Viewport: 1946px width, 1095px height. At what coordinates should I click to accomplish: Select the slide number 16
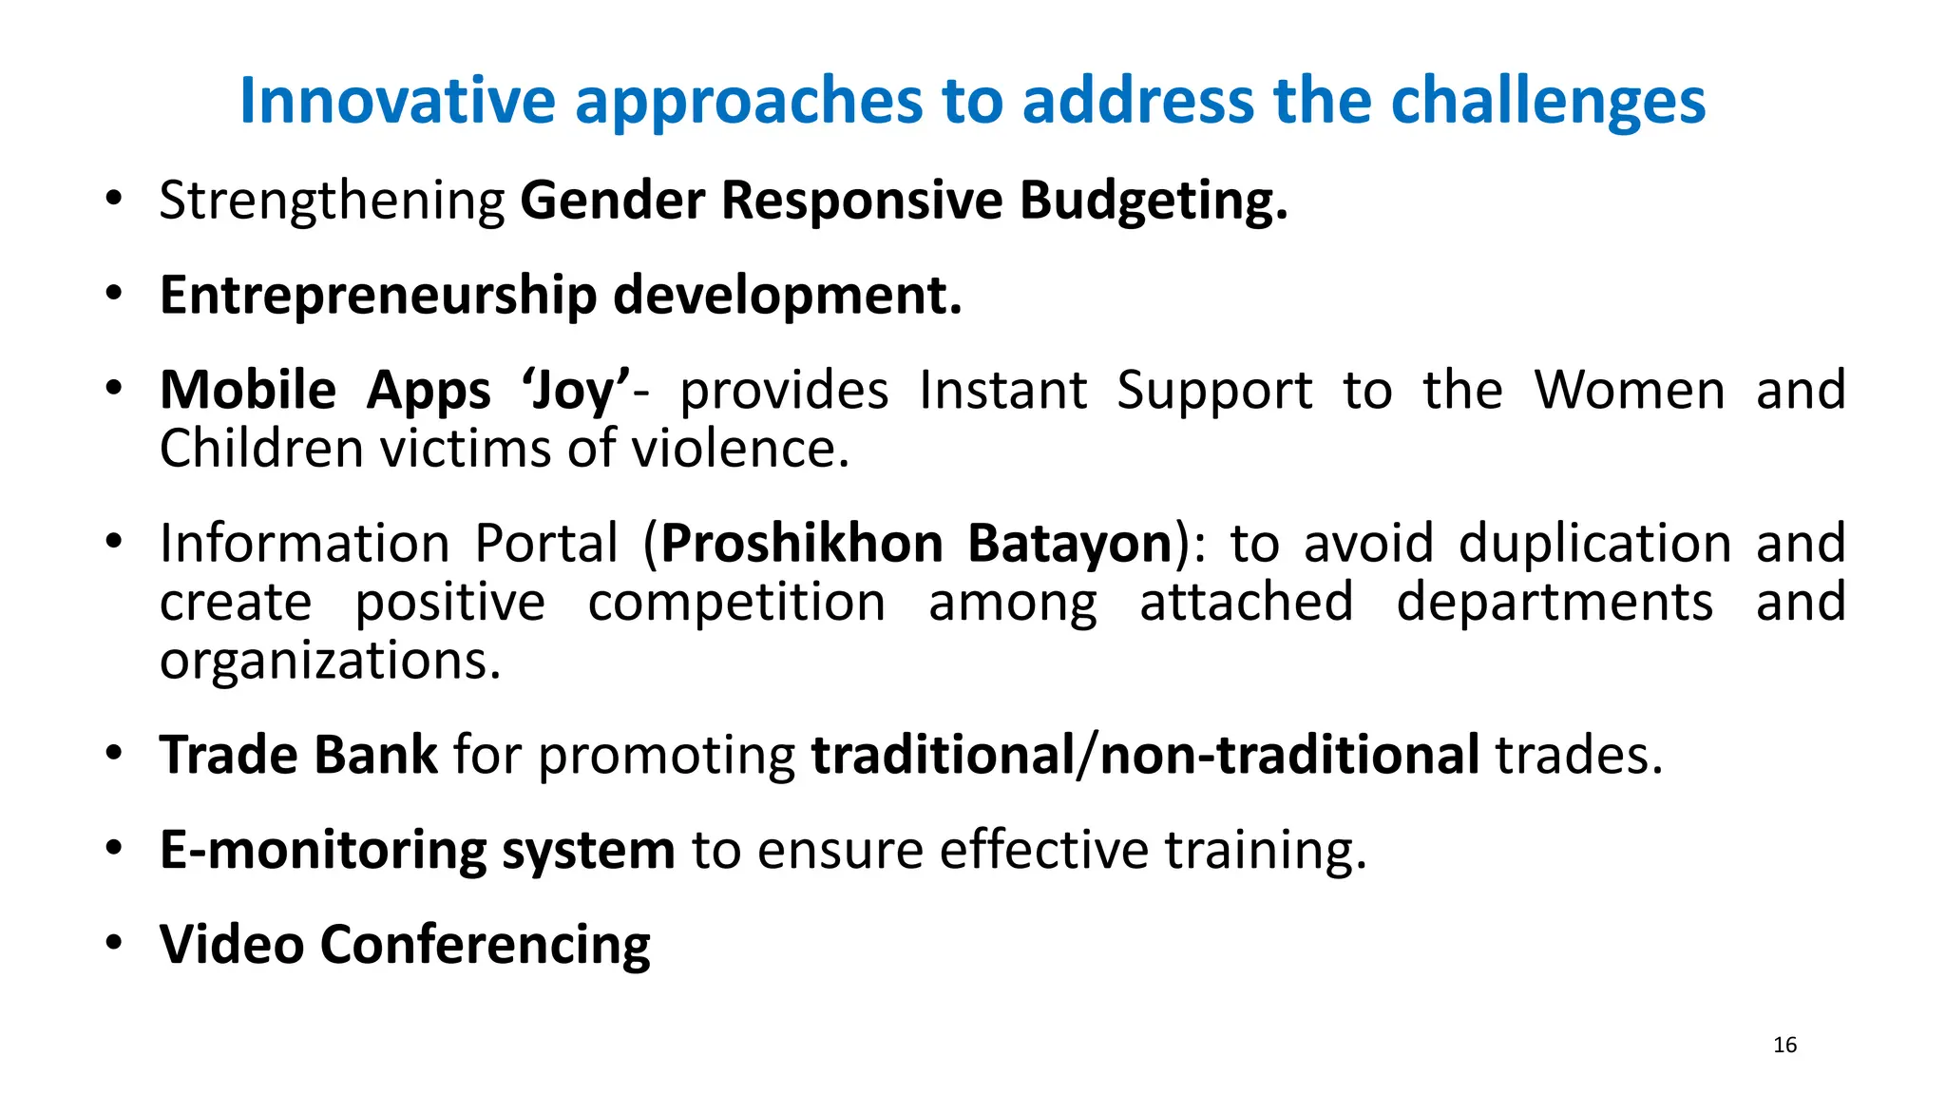click(1784, 1045)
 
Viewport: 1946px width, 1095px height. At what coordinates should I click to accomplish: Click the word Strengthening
click(332, 202)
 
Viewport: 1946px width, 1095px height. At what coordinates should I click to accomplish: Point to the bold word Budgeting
click(1153, 202)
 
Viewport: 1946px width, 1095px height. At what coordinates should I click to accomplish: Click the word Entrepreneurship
click(377, 296)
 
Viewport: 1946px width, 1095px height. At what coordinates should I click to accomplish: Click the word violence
click(740, 449)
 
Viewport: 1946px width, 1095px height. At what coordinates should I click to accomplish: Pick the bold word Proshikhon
click(802, 544)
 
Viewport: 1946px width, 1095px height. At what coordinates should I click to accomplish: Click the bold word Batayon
click(1070, 544)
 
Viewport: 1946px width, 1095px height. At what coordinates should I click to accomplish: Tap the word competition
click(736, 603)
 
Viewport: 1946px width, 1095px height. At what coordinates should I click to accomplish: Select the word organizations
click(329, 662)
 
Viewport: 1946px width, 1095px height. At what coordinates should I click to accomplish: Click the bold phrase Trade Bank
click(298, 756)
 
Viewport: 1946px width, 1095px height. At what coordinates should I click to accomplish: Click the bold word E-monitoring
click(322, 850)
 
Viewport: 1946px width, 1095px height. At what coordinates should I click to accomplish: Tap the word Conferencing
click(485, 945)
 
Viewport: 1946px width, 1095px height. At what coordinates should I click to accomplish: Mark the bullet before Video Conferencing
click(114, 944)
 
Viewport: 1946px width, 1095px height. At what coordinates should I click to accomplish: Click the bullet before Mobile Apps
click(114, 390)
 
